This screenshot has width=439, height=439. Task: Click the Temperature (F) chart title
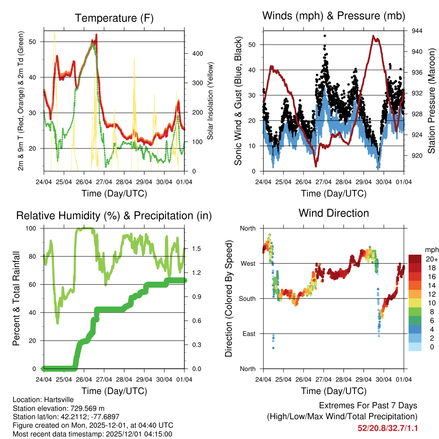coord(114,18)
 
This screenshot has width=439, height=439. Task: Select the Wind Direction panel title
coord(334,213)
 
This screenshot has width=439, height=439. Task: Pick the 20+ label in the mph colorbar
coord(431,259)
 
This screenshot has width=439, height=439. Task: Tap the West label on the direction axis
coord(248,263)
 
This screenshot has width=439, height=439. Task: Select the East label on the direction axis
coord(248,334)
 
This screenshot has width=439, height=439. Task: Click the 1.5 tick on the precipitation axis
coord(197,249)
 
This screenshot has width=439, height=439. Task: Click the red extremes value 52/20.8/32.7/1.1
coord(388,428)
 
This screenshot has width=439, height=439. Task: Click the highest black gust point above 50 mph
coord(325,36)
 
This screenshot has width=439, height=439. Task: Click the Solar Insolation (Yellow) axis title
coord(210,101)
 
